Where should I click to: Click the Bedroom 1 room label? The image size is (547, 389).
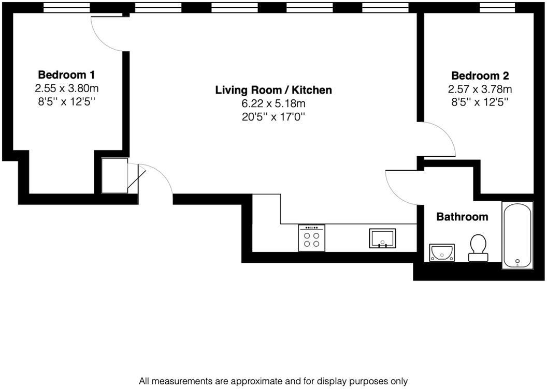66,75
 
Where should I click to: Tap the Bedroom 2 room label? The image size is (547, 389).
480,76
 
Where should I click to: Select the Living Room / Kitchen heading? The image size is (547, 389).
273,90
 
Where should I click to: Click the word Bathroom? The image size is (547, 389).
462,217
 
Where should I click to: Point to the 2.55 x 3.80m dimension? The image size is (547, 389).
67,88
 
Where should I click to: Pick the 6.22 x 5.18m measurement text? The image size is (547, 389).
273,103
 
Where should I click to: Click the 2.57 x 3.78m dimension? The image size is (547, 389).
480,89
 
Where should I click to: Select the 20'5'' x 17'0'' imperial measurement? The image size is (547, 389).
273,117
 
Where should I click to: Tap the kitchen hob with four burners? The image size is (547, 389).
311,238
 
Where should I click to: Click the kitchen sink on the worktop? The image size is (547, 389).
382,238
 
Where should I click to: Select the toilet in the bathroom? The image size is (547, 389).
478,248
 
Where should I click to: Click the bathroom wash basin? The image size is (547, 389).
442,252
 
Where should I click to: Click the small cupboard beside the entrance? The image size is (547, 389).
114,175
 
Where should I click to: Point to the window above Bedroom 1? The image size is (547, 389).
67,7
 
